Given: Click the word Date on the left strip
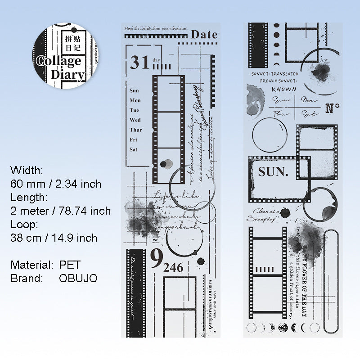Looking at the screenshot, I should click(x=204, y=34).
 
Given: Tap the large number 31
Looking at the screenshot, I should click(x=139, y=63).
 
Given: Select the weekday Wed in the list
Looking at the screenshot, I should click(x=135, y=120).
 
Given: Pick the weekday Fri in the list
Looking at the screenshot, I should click(x=134, y=139).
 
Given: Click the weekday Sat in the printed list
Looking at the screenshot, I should click(x=134, y=149).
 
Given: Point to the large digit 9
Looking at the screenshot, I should click(x=156, y=259).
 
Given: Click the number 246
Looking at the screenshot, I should click(x=173, y=268).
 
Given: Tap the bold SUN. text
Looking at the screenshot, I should click(x=273, y=171).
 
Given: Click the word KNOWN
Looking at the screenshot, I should click(x=284, y=89).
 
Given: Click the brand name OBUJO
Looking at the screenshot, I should click(x=78, y=278).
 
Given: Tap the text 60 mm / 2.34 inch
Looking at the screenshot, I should click(x=56, y=184).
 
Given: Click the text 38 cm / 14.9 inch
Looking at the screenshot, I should click(x=54, y=238).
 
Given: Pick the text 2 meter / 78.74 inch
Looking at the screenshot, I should click(x=60, y=211).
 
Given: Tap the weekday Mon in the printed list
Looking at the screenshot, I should click(x=135, y=100).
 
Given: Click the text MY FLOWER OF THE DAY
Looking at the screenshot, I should click(x=317, y=279).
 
